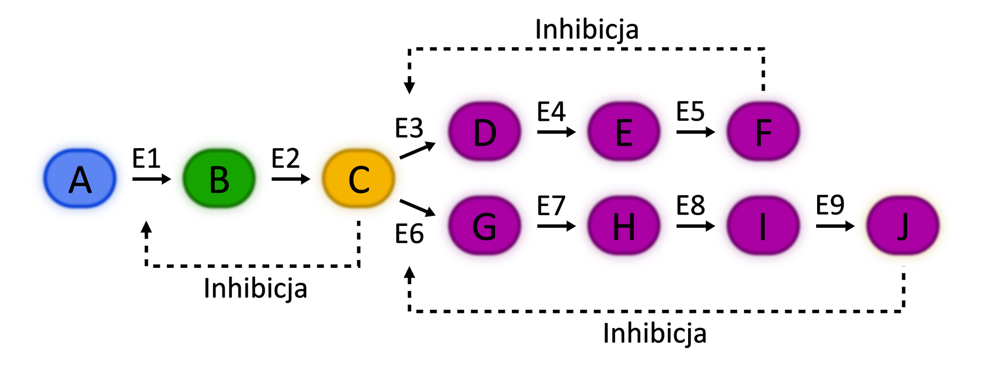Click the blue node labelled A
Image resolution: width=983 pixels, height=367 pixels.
pos(80,178)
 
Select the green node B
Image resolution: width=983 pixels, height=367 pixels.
pos(219,178)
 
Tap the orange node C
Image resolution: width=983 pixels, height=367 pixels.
pos(358,178)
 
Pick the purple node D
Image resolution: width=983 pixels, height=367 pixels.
pos(484,131)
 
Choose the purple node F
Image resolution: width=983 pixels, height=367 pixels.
pos(763,131)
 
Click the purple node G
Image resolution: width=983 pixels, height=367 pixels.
pos(484,225)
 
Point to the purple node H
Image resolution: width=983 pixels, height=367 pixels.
pos(624,225)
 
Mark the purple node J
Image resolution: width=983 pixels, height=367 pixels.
pos(903,225)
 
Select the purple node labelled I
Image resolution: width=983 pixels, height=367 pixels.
pos(763,225)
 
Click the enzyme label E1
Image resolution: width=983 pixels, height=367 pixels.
pos(146,158)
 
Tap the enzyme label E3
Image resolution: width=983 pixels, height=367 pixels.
pos(409,128)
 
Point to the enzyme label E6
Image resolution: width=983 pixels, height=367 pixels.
pos(409,234)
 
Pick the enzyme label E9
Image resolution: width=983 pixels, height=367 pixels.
pos(830,205)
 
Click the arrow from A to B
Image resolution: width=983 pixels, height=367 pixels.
pos(152,179)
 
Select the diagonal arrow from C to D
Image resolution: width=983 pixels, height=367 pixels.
pos(417,150)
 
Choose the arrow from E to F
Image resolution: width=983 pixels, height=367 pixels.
pos(695,132)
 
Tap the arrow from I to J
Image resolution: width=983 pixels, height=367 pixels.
pos(835,225)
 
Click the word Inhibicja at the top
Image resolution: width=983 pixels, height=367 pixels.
pos(587,30)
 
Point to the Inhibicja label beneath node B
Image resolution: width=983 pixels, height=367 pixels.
pos(255,288)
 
